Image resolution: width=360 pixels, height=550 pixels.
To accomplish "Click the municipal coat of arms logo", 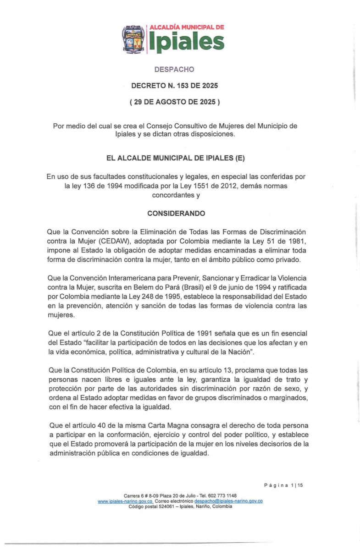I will [x=133, y=39].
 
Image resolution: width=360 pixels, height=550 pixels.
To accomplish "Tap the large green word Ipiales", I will [x=186, y=42].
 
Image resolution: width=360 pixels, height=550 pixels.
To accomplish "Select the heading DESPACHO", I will [x=174, y=69].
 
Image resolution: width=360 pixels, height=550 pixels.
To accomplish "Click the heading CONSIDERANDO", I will [x=176, y=213].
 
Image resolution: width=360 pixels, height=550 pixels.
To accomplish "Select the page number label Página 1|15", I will [x=283, y=485].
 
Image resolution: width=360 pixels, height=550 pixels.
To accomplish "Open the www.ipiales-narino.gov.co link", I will [x=125, y=501].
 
